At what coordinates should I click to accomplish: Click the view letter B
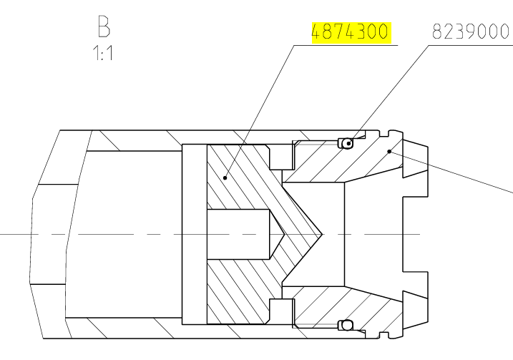tap(104, 26)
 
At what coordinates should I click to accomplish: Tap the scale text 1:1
tap(104, 54)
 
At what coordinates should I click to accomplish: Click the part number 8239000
tap(471, 33)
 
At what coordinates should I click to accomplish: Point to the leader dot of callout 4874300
tap(224, 177)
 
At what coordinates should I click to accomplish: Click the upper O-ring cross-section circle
tap(347, 143)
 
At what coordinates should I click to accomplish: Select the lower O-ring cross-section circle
tap(347, 325)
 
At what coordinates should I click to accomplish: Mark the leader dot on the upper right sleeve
tap(389, 151)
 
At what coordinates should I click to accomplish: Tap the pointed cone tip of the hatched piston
tap(321, 234)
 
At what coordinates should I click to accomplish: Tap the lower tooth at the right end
tap(416, 308)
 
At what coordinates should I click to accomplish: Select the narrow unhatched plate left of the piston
tap(194, 234)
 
